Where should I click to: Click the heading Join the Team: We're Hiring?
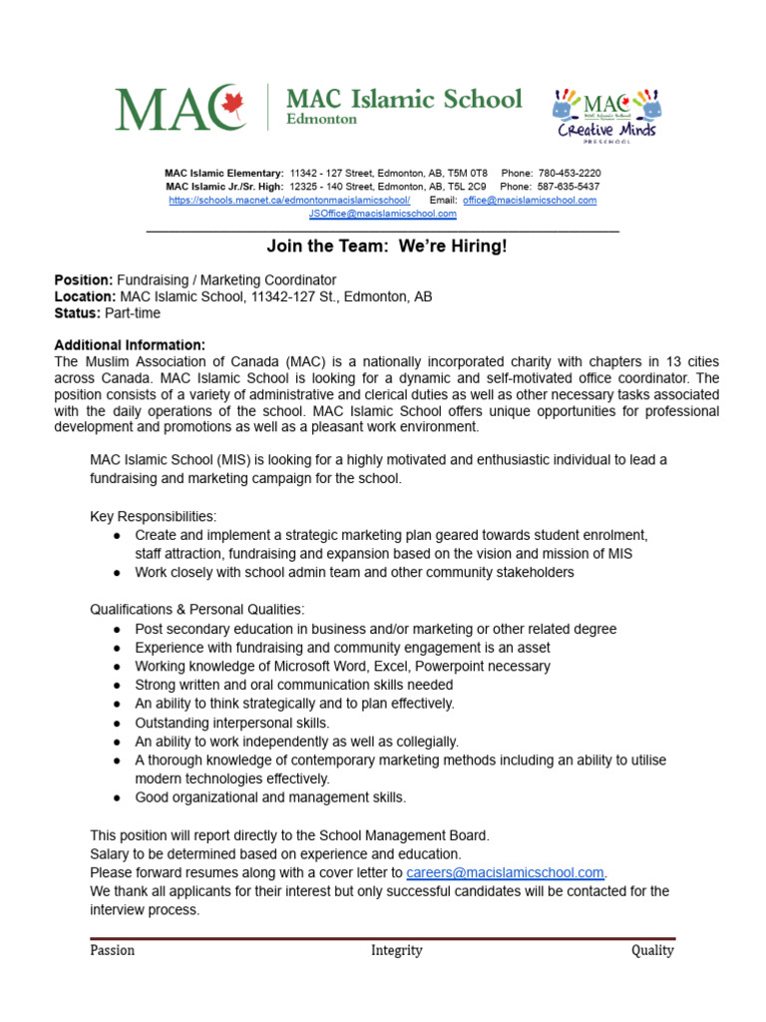(386, 246)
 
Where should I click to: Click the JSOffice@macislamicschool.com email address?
(382, 214)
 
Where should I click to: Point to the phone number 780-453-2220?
(570, 173)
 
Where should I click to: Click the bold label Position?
(84, 279)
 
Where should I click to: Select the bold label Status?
(77, 313)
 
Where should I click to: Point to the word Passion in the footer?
(112, 950)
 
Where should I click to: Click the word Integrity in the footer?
(396, 950)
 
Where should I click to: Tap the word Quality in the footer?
(652, 950)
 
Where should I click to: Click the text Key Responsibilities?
(153, 516)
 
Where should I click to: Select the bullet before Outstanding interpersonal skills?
(118, 723)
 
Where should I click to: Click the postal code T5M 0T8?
(465, 173)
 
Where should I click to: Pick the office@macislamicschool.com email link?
(530, 200)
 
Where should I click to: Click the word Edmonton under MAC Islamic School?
(321, 119)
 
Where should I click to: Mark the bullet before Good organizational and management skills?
(118, 797)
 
